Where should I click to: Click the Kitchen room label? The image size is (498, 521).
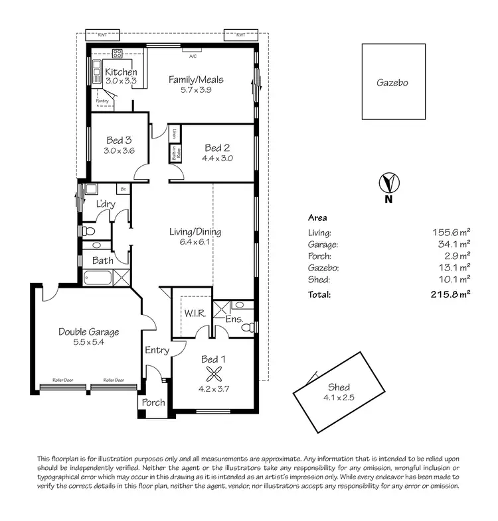[121, 72]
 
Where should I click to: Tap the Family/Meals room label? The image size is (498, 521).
[195, 80]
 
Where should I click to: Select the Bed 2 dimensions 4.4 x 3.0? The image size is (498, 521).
[218, 158]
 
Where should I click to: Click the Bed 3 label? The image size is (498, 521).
[120, 140]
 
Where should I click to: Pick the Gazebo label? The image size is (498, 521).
[392, 83]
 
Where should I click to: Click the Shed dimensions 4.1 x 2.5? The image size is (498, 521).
[339, 398]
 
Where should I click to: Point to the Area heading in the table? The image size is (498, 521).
[317, 217]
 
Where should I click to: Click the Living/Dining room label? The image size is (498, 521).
[195, 232]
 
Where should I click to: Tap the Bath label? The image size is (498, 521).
[103, 260]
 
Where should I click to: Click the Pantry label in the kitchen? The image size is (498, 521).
[102, 101]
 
